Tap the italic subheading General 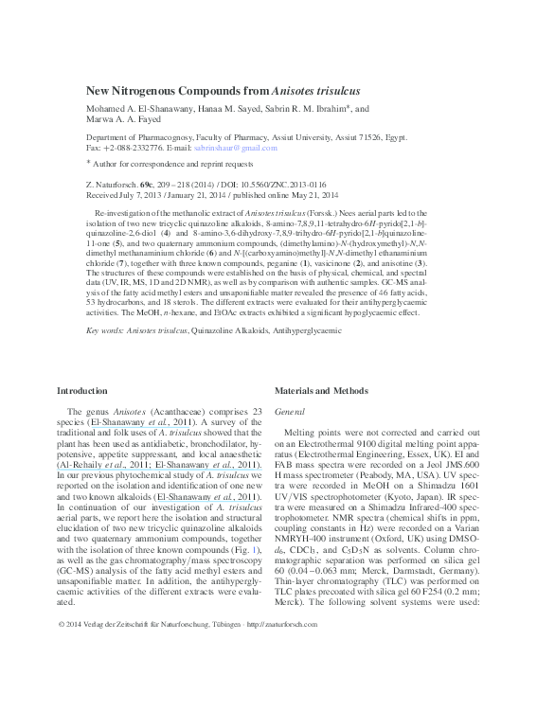click(288, 414)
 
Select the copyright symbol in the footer click(62, 680)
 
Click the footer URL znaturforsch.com click(283, 680)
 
